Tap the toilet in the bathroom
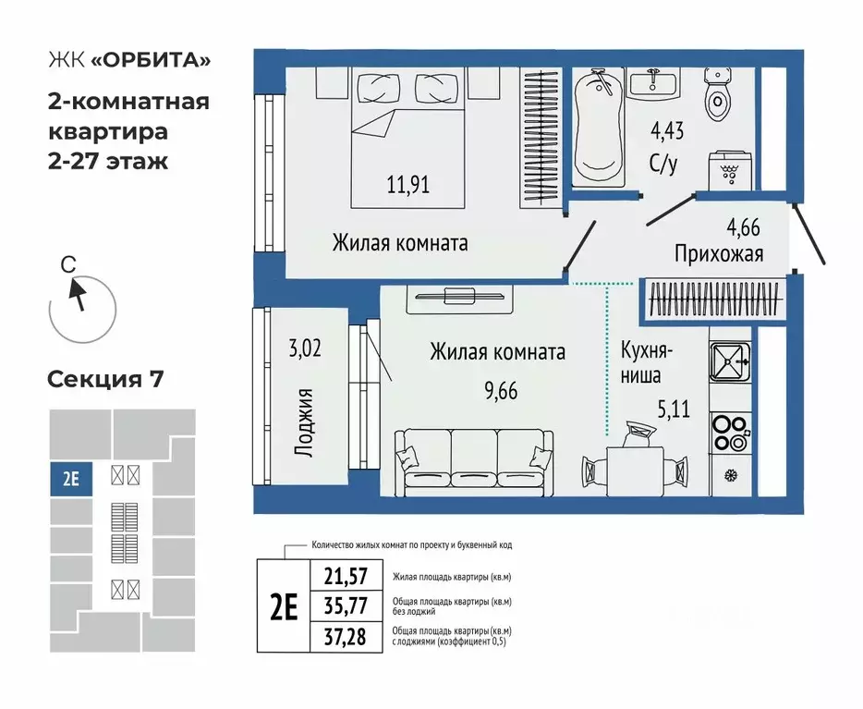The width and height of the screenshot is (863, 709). click(718, 100)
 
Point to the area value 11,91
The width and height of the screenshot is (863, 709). click(407, 185)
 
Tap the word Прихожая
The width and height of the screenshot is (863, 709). click(719, 253)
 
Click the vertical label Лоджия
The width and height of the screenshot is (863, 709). click(307, 422)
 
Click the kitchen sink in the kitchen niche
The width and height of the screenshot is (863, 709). click(732, 363)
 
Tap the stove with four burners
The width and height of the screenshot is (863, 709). click(732, 428)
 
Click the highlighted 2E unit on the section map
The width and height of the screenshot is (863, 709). click(70, 480)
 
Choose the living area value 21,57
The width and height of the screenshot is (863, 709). click(346, 576)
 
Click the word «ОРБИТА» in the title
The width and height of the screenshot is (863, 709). click(150, 61)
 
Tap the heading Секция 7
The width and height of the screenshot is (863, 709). click(104, 379)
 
